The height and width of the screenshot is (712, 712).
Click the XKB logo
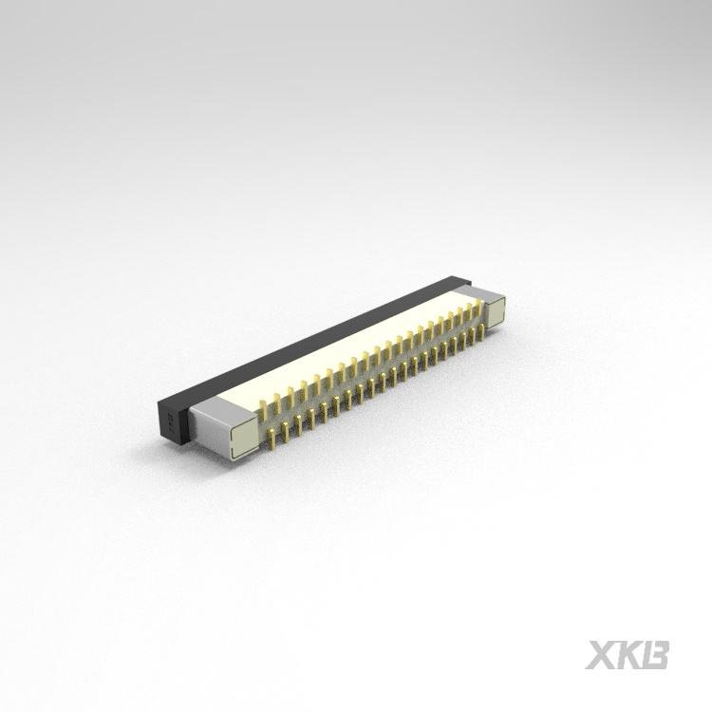[x=628, y=654]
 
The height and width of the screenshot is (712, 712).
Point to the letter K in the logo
[x=628, y=654]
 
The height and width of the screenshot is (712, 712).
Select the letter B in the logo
[x=656, y=654]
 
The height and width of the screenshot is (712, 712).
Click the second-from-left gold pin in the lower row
[x=287, y=433]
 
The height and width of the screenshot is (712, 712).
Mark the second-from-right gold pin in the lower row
[x=470, y=336]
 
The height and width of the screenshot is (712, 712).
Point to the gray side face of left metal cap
[x=210, y=432]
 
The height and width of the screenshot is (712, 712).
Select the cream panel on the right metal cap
[x=497, y=313]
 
